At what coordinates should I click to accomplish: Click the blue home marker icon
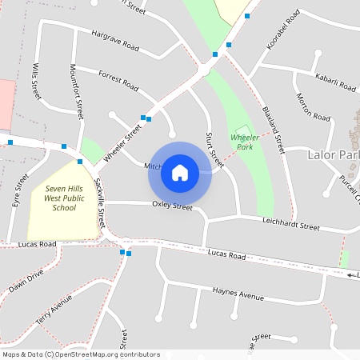pos(180,172)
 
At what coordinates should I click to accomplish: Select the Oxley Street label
pos(172,206)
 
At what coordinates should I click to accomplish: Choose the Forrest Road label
pos(118,80)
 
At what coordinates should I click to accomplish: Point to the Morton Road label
pos(314,108)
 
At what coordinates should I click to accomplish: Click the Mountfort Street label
pos(77,92)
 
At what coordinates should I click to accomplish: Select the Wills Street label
pos(37,82)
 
